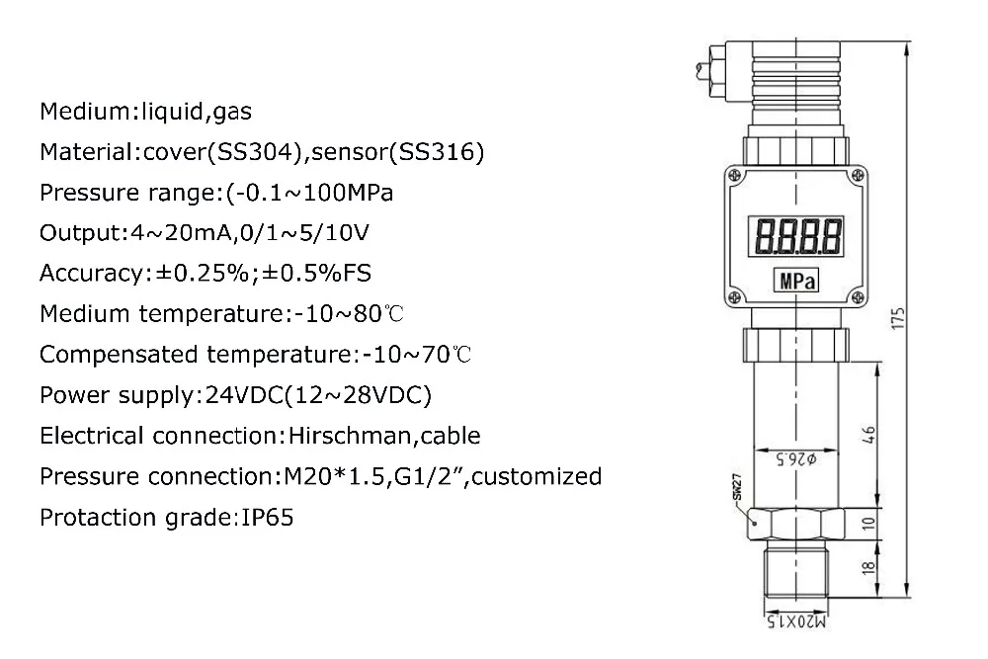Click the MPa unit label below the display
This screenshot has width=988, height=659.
click(x=796, y=281)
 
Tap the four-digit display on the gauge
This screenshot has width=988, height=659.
click(x=797, y=236)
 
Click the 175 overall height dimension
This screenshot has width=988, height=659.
click(x=898, y=318)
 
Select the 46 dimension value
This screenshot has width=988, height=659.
click(x=868, y=434)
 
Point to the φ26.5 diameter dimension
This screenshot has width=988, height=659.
click(x=795, y=459)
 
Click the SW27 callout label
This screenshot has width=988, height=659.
click(x=737, y=486)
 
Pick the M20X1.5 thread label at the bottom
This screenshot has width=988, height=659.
click(x=795, y=621)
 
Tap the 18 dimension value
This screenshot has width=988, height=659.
click(x=868, y=567)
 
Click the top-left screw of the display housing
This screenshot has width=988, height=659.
click(x=734, y=176)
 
